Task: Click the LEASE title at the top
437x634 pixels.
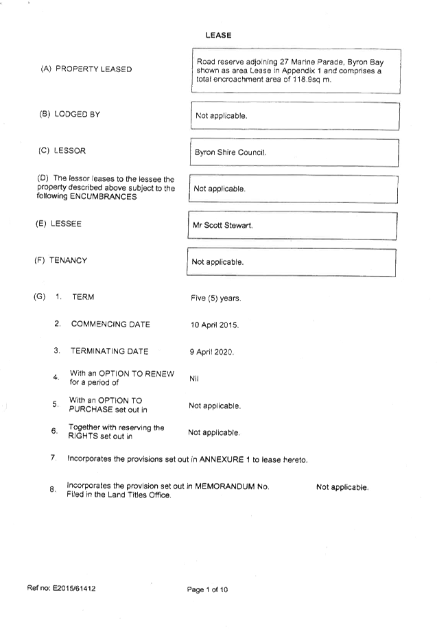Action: (218, 35)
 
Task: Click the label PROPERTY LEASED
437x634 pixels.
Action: (94, 69)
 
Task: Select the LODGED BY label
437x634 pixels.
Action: (78, 115)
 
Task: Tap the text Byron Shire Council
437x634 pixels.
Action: (231, 152)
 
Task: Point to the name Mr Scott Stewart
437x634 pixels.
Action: (223, 225)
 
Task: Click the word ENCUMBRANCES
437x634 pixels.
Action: (104, 197)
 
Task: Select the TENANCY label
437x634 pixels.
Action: (68, 261)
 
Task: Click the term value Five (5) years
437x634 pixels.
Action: (216, 298)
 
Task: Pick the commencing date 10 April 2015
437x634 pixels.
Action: (215, 325)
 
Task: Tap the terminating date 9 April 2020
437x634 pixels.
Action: (212, 352)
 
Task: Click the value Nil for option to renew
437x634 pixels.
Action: (194, 379)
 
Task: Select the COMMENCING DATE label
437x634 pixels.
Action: (110, 325)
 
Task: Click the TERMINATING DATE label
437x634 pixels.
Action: (110, 351)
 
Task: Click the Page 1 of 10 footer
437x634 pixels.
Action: (207, 589)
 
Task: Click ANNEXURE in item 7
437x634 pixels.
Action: (222, 460)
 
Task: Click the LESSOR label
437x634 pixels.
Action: (70, 151)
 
